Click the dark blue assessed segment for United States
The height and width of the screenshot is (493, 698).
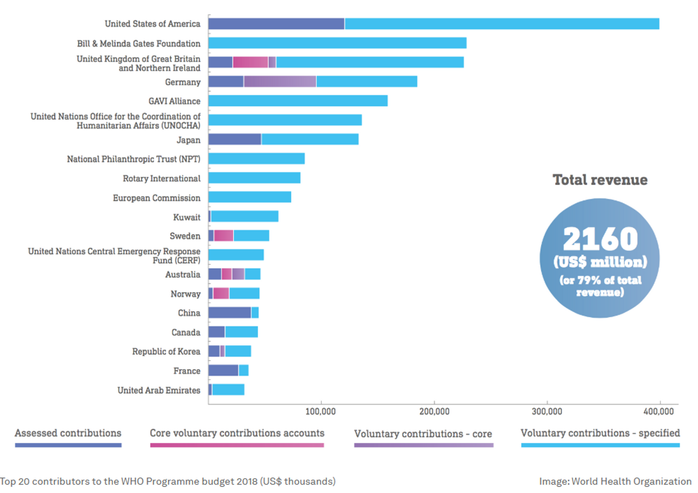[x=276, y=24]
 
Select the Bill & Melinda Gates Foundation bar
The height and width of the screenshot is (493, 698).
[x=337, y=43]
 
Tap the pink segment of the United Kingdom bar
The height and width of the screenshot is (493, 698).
[x=250, y=62]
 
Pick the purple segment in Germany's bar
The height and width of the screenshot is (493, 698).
[x=280, y=82]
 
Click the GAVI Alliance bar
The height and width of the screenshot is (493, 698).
[x=298, y=101]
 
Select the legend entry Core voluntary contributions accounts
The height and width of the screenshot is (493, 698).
[x=237, y=434]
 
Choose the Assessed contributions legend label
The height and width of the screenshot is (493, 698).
[x=68, y=434]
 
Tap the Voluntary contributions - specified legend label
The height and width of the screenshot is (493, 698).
[x=600, y=434]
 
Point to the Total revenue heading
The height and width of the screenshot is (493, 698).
[x=600, y=180]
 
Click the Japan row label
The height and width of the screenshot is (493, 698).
[x=188, y=140]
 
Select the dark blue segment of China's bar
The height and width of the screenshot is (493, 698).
[x=229, y=313]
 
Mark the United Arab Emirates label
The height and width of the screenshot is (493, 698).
[x=159, y=390]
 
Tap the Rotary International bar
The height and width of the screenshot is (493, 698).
[x=254, y=178]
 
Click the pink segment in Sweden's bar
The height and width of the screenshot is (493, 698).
[x=224, y=235]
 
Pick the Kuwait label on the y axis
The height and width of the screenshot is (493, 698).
[x=186, y=217]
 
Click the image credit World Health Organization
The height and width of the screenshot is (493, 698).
[x=615, y=482]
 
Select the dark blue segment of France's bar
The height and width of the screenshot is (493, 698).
[x=223, y=371]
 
